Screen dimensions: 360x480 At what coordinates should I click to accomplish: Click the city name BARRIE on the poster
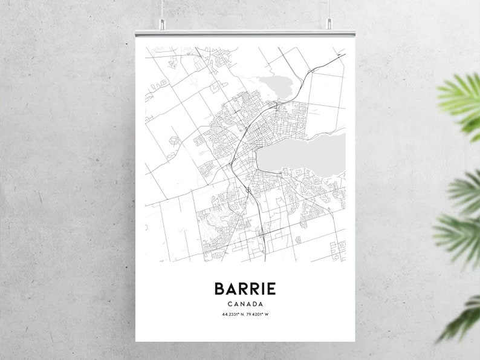click(x=244, y=288)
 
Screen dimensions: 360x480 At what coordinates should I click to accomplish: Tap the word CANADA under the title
click(x=245, y=304)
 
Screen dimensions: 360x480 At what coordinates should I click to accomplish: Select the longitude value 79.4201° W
click(x=258, y=315)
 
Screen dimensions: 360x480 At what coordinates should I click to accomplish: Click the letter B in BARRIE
click(x=218, y=288)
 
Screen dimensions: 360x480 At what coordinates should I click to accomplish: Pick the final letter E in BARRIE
click(x=271, y=288)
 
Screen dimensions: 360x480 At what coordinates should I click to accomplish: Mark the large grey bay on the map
click(x=302, y=154)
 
